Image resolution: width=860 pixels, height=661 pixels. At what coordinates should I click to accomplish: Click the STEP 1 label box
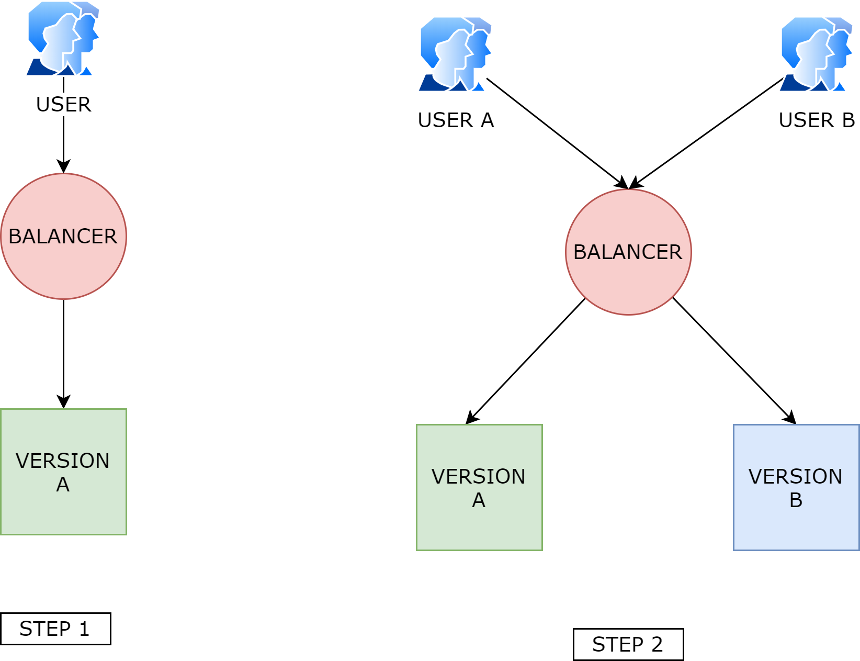coord(55,629)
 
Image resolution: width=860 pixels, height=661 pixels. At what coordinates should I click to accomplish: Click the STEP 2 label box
coord(628,644)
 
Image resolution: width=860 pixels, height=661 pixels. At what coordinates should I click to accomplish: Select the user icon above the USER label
coord(63,38)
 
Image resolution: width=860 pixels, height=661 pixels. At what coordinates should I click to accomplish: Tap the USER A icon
coord(455,54)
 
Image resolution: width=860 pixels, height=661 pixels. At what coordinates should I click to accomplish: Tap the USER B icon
coord(816,54)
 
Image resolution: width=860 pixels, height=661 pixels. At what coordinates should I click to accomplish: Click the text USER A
coord(456,120)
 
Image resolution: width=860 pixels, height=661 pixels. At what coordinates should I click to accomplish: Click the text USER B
coord(817,120)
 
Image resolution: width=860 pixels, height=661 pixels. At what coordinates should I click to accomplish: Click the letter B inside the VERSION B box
coord(796,500)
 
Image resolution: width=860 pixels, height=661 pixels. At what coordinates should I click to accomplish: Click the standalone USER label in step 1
coord(63,105)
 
